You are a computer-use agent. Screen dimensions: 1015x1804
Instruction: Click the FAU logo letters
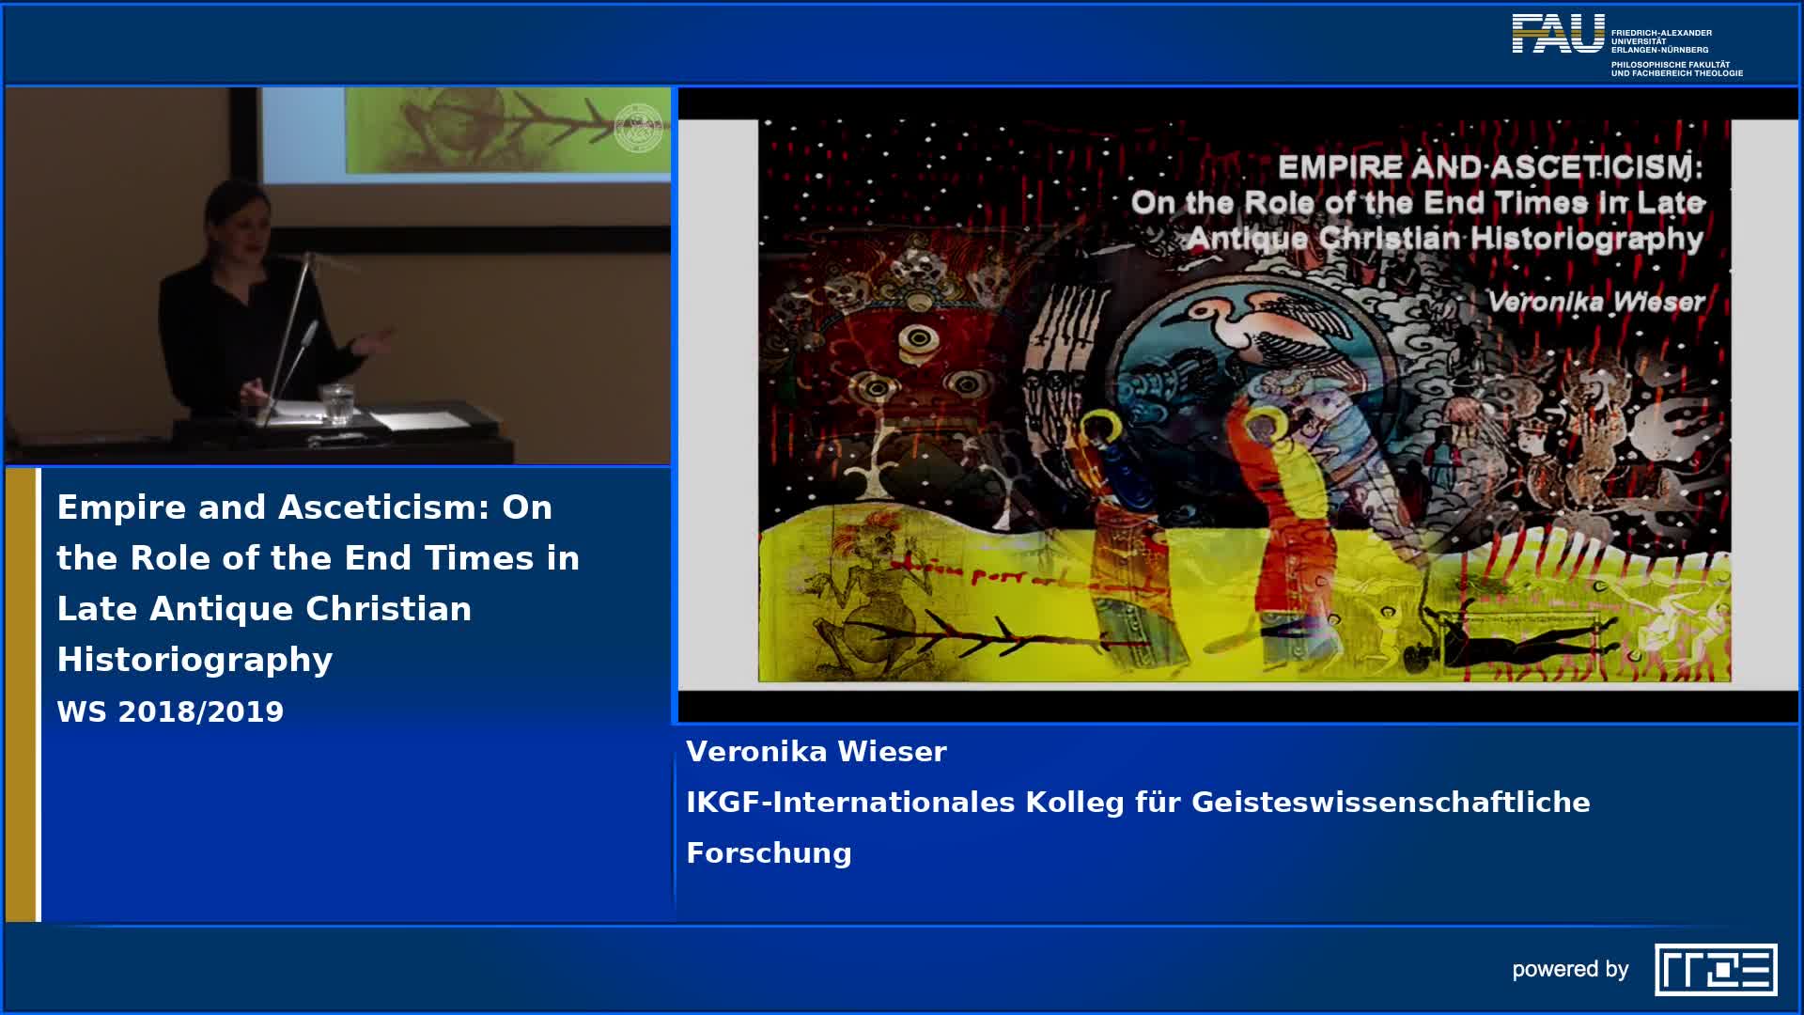[1558, 34]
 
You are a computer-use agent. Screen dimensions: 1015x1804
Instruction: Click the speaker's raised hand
[378, 339]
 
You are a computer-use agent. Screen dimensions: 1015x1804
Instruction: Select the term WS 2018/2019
[170, 712]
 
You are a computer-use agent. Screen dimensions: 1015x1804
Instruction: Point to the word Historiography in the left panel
[194, 660]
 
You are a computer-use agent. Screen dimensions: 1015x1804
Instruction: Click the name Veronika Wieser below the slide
[816, 752]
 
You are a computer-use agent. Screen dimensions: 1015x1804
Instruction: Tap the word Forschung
[769, 853]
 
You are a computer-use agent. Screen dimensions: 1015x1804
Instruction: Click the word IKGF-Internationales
[850, 803]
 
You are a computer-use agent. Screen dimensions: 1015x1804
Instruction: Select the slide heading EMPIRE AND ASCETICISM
[1489, 167]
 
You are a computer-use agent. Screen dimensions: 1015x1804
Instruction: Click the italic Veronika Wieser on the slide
[1595, 302]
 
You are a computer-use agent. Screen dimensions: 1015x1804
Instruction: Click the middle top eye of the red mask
[916, 339]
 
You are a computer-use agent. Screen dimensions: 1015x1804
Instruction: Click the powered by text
[1570, 970]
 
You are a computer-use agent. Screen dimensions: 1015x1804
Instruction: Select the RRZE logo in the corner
[1716, 970]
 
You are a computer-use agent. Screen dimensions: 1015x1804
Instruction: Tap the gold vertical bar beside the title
[21, 695]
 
